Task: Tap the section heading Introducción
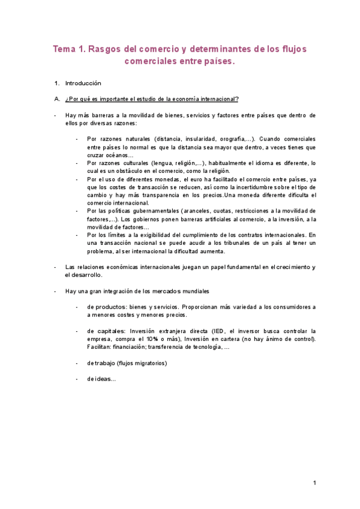coord(83,83)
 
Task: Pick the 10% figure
coord(163,339)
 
